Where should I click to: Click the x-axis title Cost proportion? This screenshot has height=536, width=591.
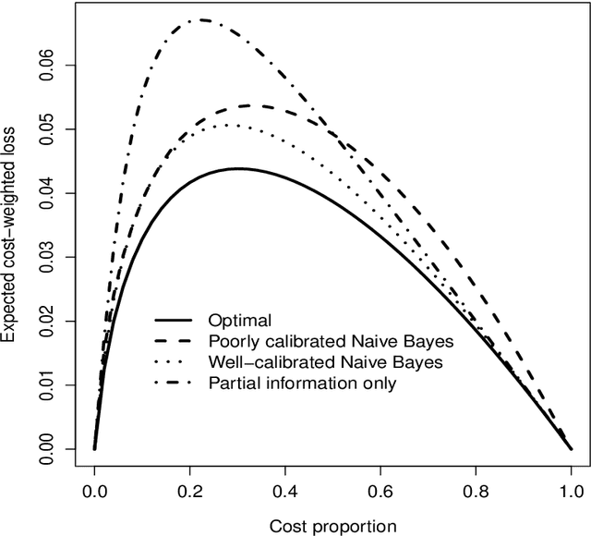[x=332, y=526]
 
